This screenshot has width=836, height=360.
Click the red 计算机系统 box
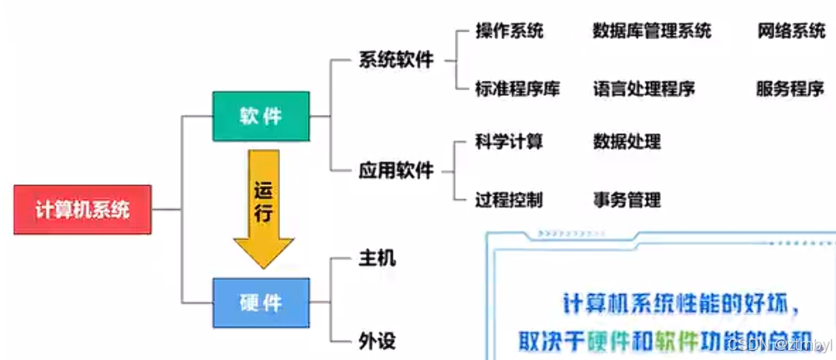[x=82, y=209]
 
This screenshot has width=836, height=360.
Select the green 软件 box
[x=261, y=116]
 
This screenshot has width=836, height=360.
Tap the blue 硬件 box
[x=261, y=302]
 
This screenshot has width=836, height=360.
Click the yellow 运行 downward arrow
[x=263, y=208]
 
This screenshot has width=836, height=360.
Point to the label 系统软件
[x=396, y=60]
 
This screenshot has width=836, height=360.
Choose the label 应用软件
[x=396, y=171]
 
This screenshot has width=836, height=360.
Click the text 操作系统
[x=508, y=32]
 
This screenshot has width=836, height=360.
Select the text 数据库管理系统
[x=652, y=32]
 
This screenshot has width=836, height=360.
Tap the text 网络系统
[x=791, y=32]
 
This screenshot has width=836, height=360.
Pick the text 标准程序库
[x=517, y=88]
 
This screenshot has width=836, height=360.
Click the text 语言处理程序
[x=643, y=88]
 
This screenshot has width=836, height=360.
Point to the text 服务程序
[x=789, y=88]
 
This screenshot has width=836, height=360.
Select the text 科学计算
[x=508, y=142]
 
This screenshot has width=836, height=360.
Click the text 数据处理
[x=627, y=142]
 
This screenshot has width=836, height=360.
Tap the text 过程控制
[x=508, y=199]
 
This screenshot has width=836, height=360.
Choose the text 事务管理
[x=627, y=199]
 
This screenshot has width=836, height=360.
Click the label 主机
[x=376, y=258]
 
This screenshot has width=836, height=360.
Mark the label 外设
[x=376, y=341]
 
